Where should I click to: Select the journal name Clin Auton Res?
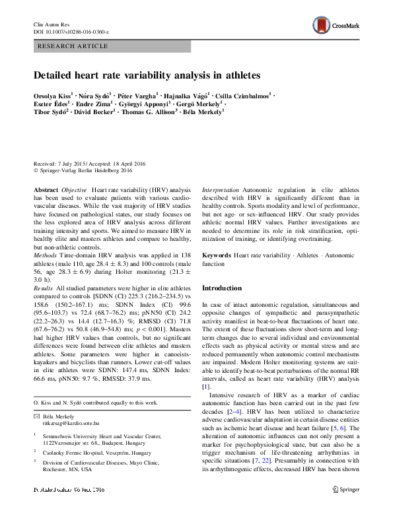pos(51,24)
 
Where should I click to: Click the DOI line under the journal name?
pos(71,32)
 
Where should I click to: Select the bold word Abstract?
pos(46,189)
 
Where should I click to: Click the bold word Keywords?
pos(216,254)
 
